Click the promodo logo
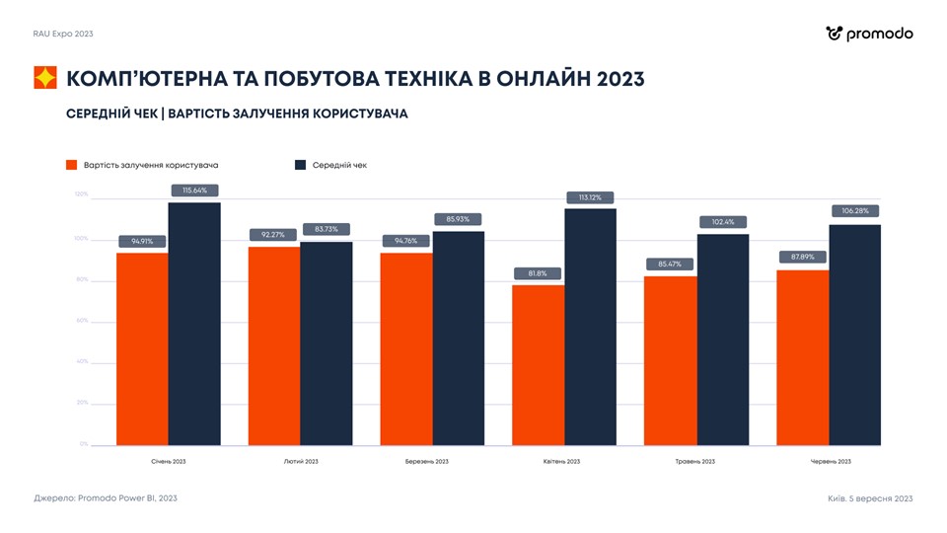coord(869,34)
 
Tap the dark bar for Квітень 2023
coord(591,326)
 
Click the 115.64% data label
coord(194,190)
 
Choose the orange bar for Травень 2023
coord(670,360)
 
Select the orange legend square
coord(72,165)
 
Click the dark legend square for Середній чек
coord(301,165)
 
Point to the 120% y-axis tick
coord(81,194)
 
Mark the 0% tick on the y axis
coord(84,444)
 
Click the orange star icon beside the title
coord(45,78)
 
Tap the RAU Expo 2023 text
coord(63,34)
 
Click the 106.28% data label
coord(855,210)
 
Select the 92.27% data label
coord(273,235)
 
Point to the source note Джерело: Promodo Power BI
coord(106,498)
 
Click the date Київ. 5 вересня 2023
coord(870,498)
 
